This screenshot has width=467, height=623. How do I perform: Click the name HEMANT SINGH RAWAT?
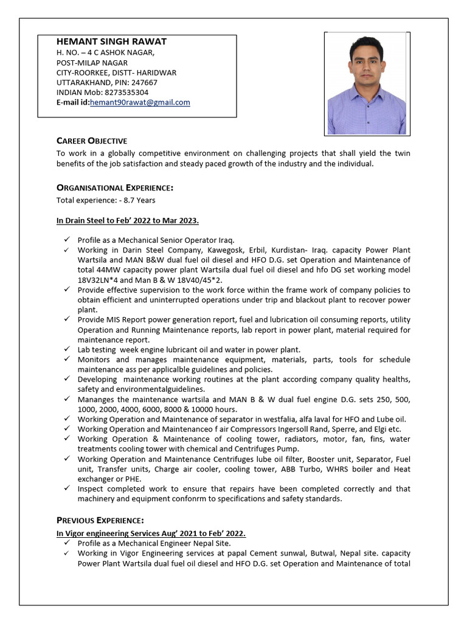click(111, 41)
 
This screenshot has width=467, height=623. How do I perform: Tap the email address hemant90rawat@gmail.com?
click(140, 102)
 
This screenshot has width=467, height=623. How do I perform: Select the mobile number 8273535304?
click(127, 92)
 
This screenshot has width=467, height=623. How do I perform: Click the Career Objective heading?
click(92, 141)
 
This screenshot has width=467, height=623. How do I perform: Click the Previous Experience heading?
click(100, 520)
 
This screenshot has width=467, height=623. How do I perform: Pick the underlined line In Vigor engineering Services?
click(151, 534)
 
